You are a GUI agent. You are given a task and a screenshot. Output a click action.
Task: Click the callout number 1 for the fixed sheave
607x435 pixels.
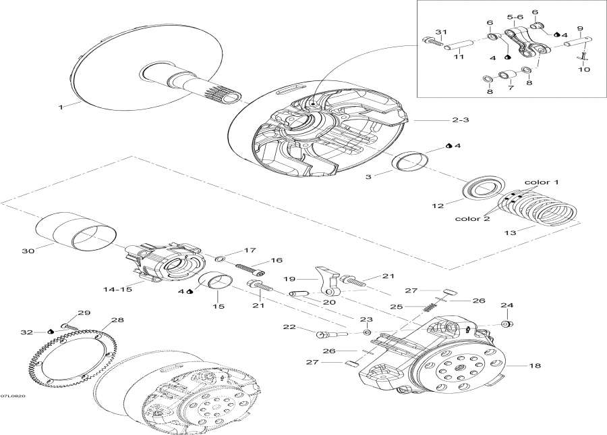(x=60, y=107)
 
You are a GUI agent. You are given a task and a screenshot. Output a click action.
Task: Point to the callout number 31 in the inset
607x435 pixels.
(x=441, y=32)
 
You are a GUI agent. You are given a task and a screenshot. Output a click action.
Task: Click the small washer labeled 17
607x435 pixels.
(x=220, y=258)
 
